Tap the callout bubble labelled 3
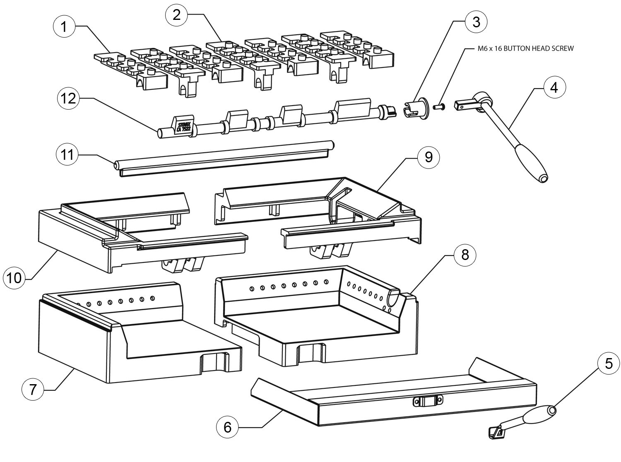point(477,22)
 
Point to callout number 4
point(554,88)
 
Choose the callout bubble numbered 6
point(228,427)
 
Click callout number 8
point(465,255)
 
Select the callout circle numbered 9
point(428,157)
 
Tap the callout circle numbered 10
point(14,278)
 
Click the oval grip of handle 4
point(531,166)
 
